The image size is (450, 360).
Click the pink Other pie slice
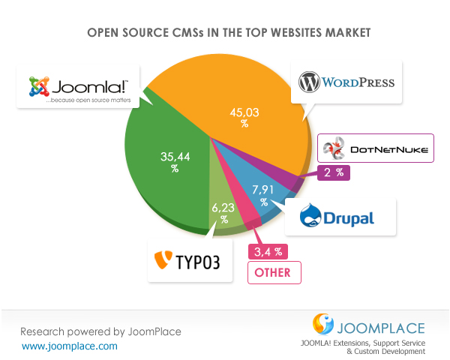[x=247, y=217]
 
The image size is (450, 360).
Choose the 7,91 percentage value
[x=264, y=194]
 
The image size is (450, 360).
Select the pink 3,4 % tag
[x=268, y=250]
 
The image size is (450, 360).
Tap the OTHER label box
[x=274, y=271]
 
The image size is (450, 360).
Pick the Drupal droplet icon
[x=311, y=216]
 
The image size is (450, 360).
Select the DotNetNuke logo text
[x=389, y=150]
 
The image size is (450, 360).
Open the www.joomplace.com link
[x=70, y=346]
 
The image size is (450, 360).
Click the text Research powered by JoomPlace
[x=100, y=331]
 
